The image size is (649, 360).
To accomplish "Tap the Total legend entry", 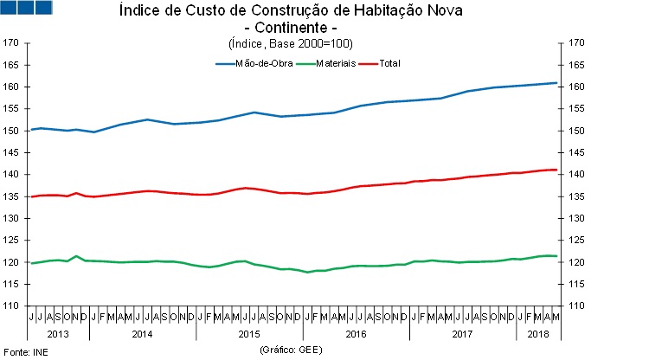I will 389,63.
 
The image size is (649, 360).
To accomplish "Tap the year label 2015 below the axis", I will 250,332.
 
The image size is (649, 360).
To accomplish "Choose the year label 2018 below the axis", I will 537,332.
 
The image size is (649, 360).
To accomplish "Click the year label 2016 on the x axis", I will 355,332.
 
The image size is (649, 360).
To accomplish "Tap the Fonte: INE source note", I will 26,353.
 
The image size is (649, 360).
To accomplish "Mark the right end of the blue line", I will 556,83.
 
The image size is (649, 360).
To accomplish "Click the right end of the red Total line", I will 556,170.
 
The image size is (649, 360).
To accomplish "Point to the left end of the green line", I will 31,263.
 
